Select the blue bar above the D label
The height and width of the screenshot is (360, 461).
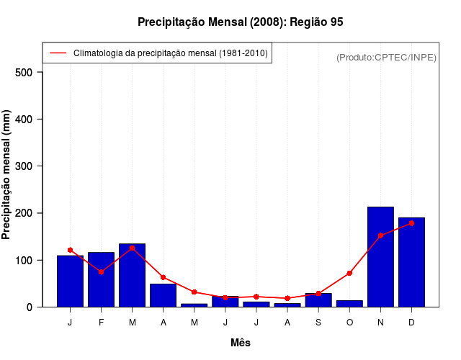click(411, 262)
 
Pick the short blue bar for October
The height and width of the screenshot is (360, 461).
click(349, 303)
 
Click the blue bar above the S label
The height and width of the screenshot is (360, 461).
click(318, 300)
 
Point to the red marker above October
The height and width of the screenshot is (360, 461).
click(349, 273)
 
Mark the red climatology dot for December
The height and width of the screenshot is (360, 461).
click(411, 223)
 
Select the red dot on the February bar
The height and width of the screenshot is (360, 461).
click(101, 271)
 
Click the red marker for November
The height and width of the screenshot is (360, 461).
click(380, 235)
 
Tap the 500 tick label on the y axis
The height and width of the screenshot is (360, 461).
click(24, 72)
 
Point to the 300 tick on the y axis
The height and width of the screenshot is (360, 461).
click(24, 166)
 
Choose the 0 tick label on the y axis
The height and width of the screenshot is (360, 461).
click(30, 307)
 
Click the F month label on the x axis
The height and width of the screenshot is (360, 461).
click(101, 323)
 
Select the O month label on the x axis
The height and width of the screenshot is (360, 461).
click(349, 323)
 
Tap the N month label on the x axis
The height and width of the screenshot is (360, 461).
click(380, 323)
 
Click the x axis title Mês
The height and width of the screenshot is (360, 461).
click(241, 343)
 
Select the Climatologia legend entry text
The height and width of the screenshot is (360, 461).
click(170, 53)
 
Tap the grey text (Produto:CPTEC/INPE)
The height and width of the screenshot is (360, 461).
click(386, 57)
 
